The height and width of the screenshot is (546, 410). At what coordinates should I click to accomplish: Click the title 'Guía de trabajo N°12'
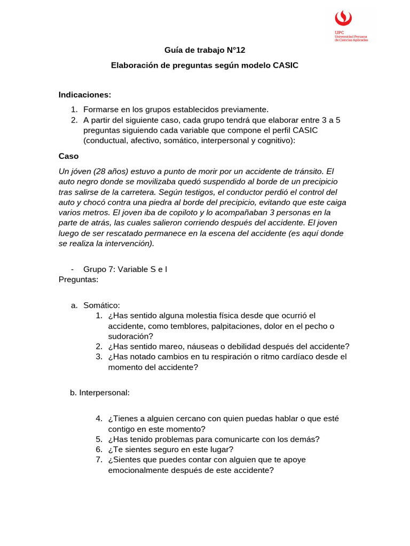tap(204, 50)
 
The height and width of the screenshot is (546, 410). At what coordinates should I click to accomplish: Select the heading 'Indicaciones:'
tap(84, 94)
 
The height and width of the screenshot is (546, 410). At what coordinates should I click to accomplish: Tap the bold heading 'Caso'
tap(68, 156)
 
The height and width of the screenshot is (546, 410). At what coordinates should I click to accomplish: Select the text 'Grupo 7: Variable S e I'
tap(125, 269)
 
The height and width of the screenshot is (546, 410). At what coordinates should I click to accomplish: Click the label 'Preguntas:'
tap(78, 279)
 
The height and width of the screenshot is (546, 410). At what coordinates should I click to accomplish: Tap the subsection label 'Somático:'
tap(101, 305)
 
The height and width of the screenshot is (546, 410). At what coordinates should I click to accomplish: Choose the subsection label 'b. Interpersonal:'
tap(100, 392)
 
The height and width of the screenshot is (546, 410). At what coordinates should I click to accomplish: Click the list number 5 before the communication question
tap(99, 439)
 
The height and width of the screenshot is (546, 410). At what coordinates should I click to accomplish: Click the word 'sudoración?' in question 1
tap(130, 336)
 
